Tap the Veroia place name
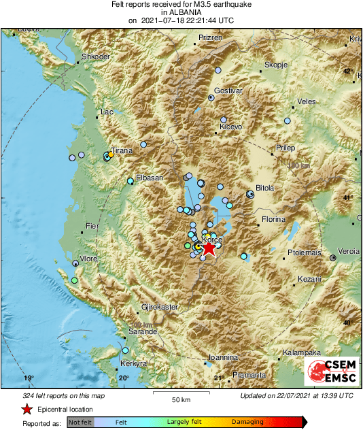click(x=349, y=251)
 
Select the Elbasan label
click(x=150, y=178)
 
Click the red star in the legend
click(x=27, y=410)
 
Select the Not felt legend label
click(x=81, y=423)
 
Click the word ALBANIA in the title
click(x=181, y=12)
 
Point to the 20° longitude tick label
click(x=123, y=378)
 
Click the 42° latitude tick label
click(x=347, y=71)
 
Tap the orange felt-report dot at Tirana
click(x=111, y=154)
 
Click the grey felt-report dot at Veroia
click(x=333, y=258)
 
